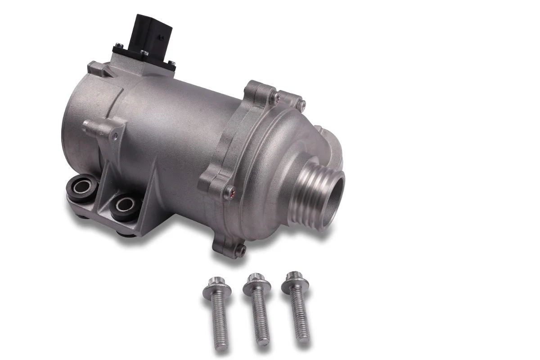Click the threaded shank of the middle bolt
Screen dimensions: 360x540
(x=260, y=319)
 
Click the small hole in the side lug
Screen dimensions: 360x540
(x=115, y=134)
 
